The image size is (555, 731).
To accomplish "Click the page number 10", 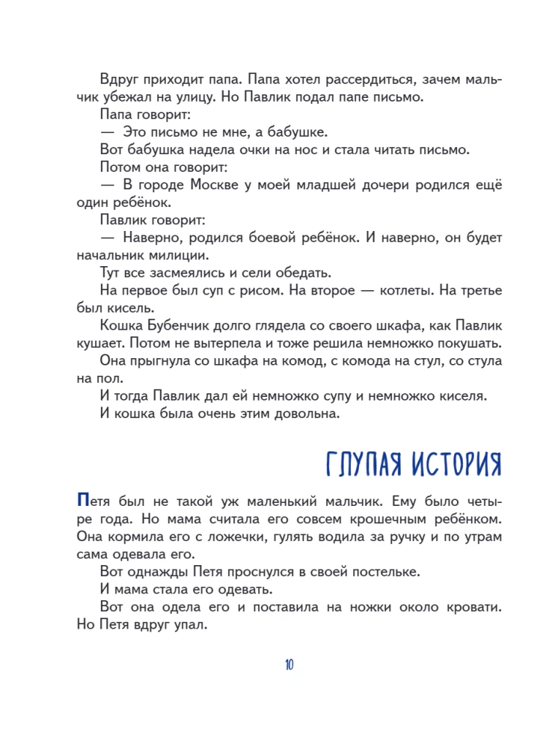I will (288, 664).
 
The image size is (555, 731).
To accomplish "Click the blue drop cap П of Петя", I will (82, 501).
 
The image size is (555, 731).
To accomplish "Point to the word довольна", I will (304, 414).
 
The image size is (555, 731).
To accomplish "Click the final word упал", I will (189, 625).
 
